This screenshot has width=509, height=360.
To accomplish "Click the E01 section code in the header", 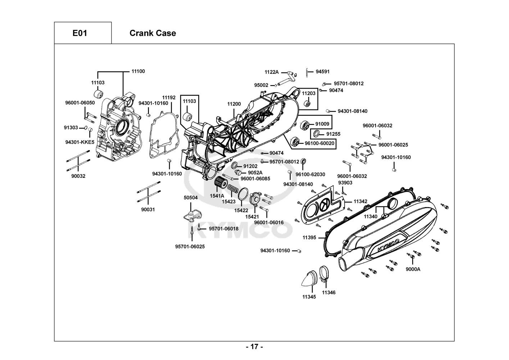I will point(79,33).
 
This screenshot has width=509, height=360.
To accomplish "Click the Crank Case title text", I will point(153,33).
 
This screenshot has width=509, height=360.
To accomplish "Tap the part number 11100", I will point(138,71).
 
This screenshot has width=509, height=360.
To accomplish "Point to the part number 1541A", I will point(217,196).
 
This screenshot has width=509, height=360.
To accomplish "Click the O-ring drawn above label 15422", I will point(243,195).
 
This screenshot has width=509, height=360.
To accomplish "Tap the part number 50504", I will point(191,198).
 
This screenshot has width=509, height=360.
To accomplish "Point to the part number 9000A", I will point(413,269).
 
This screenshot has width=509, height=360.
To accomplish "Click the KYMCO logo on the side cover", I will point(389,245).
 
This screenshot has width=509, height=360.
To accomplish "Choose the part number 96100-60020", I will point(319,143).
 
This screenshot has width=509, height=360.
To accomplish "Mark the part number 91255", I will point(333,134).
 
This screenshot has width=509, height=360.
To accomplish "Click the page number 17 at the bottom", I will point(254,347).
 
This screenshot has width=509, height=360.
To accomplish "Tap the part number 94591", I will point(323,72).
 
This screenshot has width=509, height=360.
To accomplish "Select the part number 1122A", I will point(272,72).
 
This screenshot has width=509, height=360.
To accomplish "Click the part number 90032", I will point(78,176).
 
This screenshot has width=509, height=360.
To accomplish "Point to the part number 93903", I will point(345,183).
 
